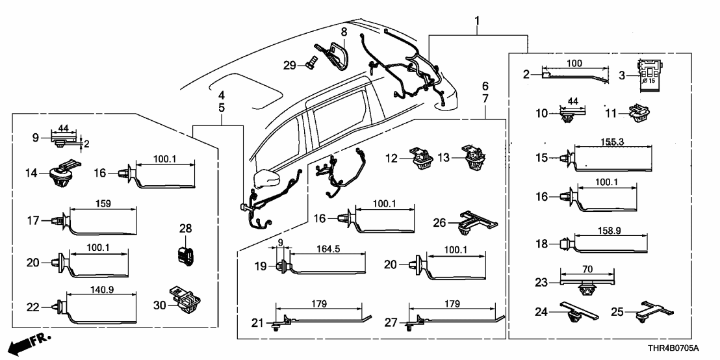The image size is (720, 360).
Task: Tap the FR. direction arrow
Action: (x=31, y=342)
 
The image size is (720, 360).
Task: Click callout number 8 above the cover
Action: (x=344, y=31)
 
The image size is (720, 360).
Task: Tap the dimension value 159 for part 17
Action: (x=103, y=203)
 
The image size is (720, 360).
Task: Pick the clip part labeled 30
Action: (x=185, y=299)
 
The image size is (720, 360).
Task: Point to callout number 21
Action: (x=257, y=322)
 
